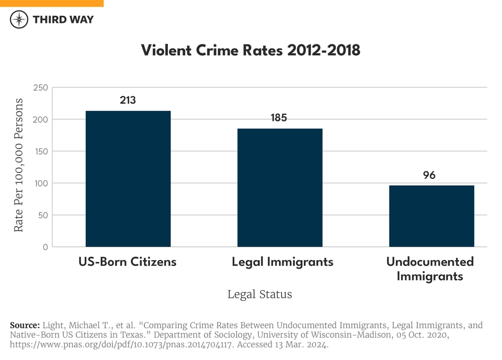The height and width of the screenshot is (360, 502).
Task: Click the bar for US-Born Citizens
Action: [x=128, y=179]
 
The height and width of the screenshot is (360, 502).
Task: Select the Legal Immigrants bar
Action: [x=280, y=188]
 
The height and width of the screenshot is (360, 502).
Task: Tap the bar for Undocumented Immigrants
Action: [x=431, y=216]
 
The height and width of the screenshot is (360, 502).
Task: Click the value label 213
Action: [x=128, y=100]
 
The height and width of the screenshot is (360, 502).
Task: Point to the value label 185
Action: [x=279, y=118]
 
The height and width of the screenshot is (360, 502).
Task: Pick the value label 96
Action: [x=429, y=175]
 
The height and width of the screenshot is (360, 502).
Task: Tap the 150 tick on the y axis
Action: [x=40, y=152]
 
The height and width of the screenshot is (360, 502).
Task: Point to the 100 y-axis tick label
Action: [x=40, y=183]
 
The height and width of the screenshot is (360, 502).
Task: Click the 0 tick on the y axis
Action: [x=45, y=247]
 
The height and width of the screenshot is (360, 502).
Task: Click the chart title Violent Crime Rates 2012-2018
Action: [x=250, y=50]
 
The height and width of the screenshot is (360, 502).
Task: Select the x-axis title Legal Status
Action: [x=259, y=294]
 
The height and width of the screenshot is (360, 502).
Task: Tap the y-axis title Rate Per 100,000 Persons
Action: [x=19, y=165]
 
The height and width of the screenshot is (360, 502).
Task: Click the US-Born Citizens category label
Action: [x=128, y=262]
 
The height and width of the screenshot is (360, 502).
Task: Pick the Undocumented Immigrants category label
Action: [x=430, y=269]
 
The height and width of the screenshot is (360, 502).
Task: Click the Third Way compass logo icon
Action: [x=19, y=19]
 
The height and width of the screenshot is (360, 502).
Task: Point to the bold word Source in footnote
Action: [x=25, y=326]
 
